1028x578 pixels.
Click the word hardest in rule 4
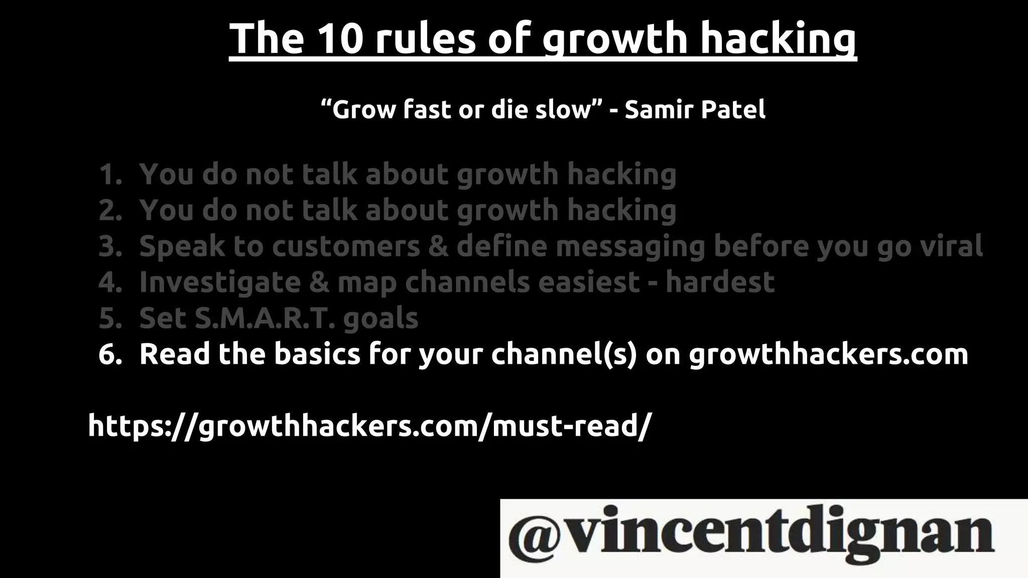click(720, 282)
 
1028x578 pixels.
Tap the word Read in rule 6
click(174, 354)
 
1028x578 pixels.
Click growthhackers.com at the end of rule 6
click(828, 354)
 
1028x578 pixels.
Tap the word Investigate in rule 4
click(220, 282)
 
